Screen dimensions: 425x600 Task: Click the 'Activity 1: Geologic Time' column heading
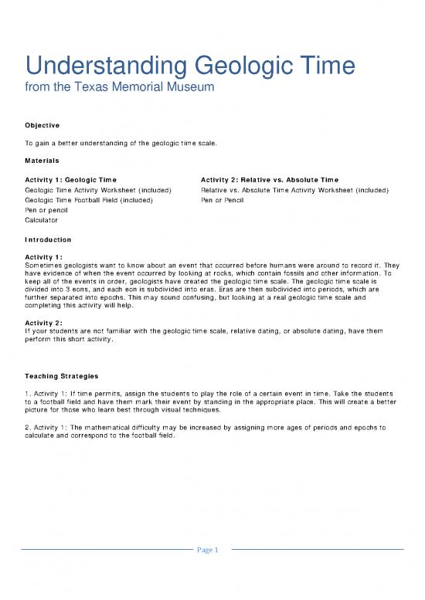point(71,180)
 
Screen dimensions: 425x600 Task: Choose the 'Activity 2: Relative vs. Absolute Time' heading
point(269,180)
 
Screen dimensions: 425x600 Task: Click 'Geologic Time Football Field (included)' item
point(89,200)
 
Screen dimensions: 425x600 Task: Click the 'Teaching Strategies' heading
point(61,376)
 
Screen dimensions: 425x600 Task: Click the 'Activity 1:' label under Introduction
point(44,256)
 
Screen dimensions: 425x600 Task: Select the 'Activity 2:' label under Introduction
point(44,324)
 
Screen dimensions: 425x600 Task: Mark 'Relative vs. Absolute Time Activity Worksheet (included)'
point(294,190)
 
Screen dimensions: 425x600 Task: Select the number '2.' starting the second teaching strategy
point(28,425)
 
